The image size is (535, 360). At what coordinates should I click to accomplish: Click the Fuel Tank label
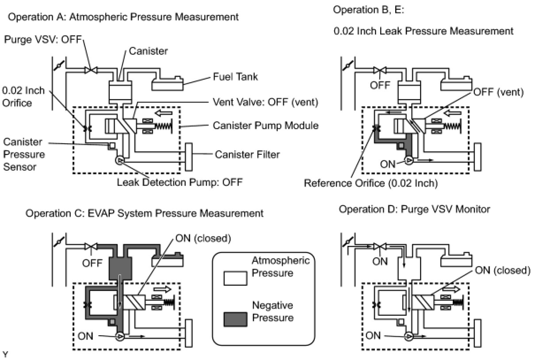click(235, 77)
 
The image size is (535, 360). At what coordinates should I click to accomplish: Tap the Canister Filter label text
click(247, 154)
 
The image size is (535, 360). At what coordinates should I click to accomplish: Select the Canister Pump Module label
click(266, 126)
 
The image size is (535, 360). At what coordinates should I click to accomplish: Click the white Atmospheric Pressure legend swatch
click(235, 278)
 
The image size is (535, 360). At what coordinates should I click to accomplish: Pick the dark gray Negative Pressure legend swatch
click(235, 319)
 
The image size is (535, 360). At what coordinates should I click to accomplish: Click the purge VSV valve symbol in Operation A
click(91, 70)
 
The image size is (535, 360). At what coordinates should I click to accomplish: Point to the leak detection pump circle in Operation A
click(120, 161)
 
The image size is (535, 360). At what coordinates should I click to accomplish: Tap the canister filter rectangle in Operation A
click(189, 157)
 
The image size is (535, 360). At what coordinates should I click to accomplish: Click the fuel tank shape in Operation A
click(168, 84)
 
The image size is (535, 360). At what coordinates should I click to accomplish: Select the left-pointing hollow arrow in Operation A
click(164, 113)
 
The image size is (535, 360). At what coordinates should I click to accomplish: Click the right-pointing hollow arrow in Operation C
click(162, 290)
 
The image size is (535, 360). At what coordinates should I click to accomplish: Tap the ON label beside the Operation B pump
click(388, 164)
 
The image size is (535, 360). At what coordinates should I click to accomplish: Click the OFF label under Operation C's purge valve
click(92, 263)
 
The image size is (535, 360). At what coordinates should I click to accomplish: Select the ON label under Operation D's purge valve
click(380, 261)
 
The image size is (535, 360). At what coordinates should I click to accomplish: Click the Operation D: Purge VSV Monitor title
click(414, 209)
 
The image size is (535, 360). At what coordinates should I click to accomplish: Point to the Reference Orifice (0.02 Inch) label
click(371, 183)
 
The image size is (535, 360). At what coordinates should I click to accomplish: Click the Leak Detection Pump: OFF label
click(180, 182)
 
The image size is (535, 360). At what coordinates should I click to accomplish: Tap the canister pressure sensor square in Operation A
click(112, 146)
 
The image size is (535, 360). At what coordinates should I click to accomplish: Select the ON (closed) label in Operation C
click(203, 238)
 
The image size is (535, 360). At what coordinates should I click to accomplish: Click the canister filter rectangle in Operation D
click(478, 333)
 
